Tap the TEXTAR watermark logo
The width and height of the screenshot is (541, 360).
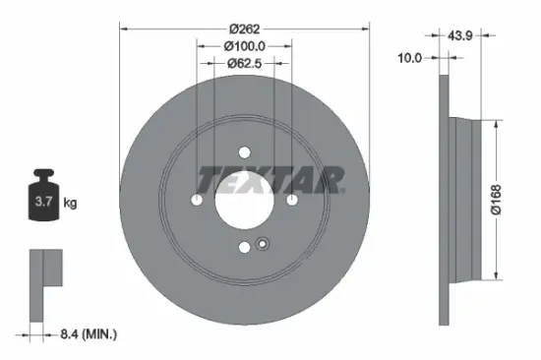coord(271,179)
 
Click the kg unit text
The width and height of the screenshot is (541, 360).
coord(70,204)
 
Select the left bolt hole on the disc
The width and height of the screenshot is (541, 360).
coord(196,201)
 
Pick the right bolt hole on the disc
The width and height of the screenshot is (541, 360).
coord(293,201)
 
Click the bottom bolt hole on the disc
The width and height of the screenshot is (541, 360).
coord(244,249)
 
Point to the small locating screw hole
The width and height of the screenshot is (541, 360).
coord(261,245)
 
